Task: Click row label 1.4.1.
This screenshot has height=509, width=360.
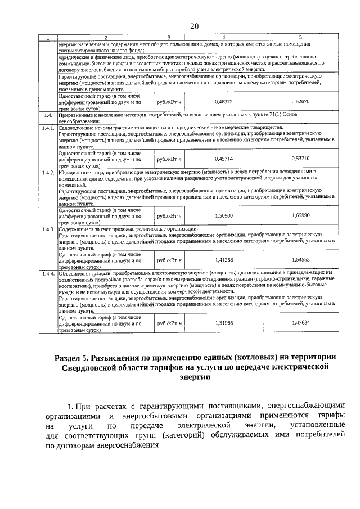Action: (x=48, y=128)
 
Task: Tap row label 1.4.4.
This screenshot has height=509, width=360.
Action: (x=48, y=273)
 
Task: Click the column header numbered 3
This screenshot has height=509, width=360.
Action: (x=169, y=38)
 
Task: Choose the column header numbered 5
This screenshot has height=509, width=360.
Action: (x=301, y=38)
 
